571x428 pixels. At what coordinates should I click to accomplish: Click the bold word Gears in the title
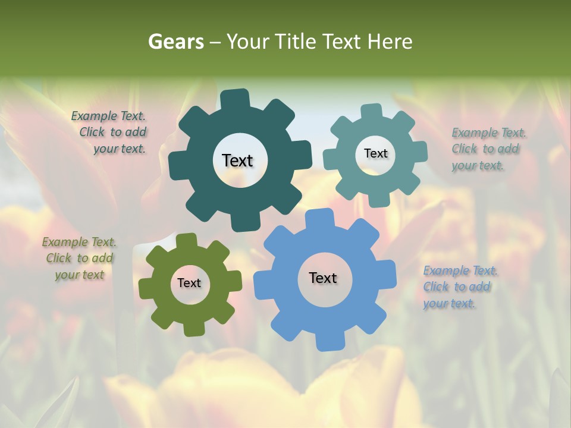[x=176, y=42]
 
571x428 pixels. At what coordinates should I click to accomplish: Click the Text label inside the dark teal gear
[x=237, y=160]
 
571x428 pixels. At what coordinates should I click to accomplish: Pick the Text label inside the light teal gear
[x=375, y=153]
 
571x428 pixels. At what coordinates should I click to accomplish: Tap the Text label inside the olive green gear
[x=189, y=283]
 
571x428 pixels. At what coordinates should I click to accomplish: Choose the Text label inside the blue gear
[x=323, y=278]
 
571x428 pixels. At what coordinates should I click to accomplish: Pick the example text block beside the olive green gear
[x=80, y=259]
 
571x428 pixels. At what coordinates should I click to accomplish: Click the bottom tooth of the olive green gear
[x=193, y=326]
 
